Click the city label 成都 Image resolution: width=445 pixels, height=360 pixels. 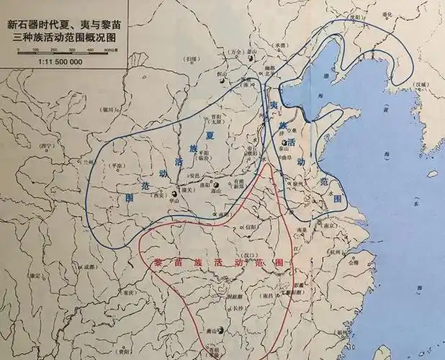(x=87, y=267)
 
